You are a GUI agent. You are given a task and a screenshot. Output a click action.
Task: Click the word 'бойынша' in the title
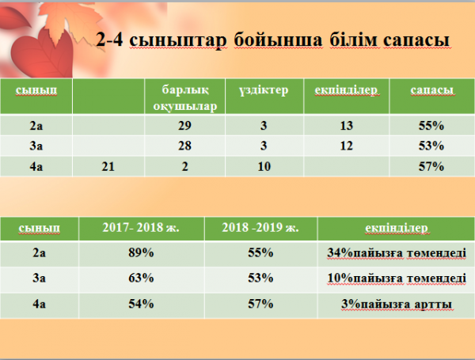278,40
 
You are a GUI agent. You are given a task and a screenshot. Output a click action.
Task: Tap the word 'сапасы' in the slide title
416,40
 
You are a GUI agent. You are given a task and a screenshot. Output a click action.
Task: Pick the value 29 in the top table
184,125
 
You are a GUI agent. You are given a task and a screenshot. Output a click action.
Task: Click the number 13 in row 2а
346,125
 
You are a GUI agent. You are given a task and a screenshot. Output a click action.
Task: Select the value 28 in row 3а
184,146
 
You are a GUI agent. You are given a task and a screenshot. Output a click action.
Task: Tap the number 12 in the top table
346,146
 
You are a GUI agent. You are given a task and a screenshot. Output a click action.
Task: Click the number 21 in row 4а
108,166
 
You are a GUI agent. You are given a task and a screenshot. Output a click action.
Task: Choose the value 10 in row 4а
264,166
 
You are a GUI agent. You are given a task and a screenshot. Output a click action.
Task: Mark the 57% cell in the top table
431,166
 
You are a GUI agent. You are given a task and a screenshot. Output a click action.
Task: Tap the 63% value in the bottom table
141,278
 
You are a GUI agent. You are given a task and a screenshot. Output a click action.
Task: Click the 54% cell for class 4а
141,304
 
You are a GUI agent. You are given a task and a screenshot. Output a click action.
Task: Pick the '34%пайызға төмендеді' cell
397,253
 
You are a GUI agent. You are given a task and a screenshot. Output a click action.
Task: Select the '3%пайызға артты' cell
397,304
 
